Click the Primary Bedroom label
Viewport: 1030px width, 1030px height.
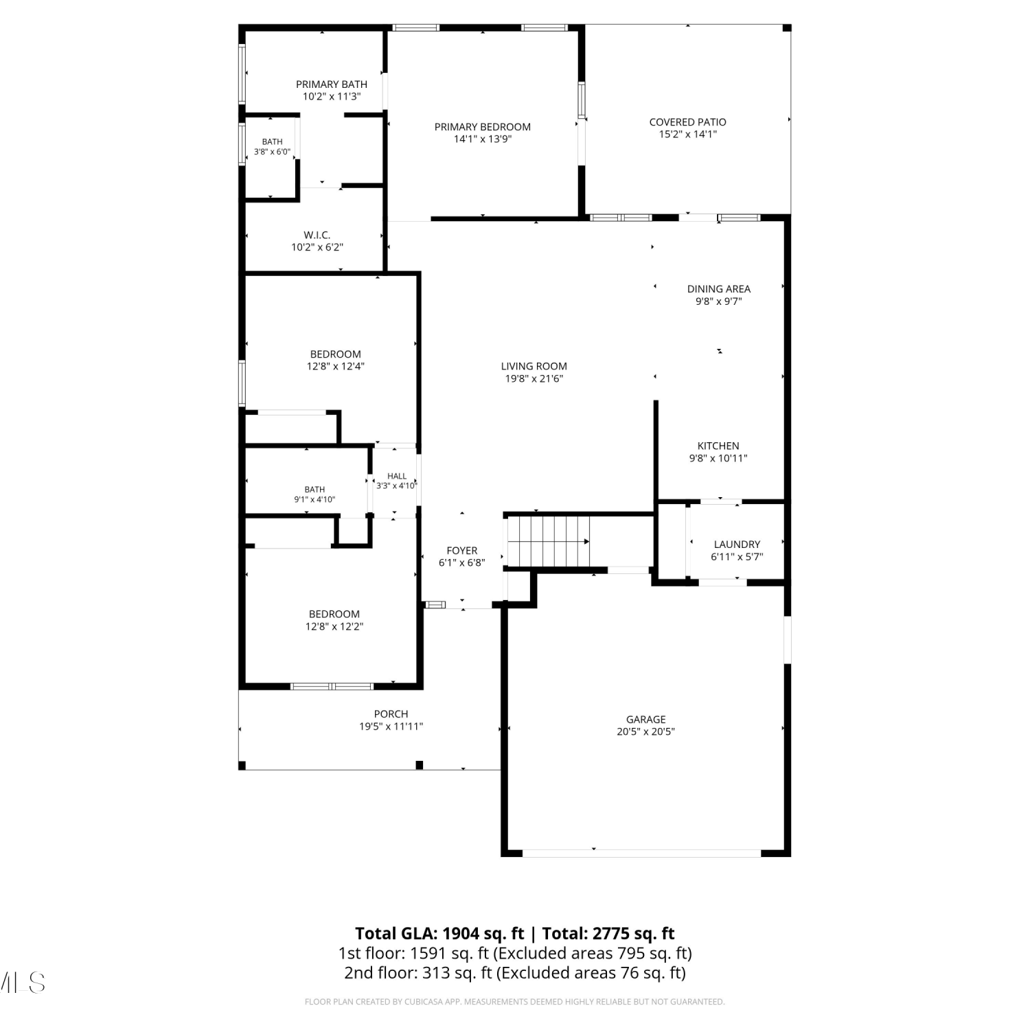tap(482, 127)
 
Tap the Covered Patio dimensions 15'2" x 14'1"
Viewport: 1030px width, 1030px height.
tap(687, 135)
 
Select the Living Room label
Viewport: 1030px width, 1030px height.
tap(534, 367)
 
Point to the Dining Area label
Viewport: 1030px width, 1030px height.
tap(718, 289)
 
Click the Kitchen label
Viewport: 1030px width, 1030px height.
tap(718, 446)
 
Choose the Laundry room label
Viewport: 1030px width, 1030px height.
tap(737, 545)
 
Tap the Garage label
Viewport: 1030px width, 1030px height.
tap(645, 720)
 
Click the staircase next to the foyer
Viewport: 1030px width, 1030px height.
tap(548, 542)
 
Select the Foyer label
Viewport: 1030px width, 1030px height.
tap(461, 551)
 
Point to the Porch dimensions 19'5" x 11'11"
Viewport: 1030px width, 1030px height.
tap(391, 726)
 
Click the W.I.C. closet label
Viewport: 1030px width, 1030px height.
tap(317, 236)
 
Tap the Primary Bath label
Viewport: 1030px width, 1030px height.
tap(331, 84)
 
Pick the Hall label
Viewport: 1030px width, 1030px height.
tap(396, 476)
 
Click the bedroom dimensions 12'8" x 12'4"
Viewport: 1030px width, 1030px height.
tap(335, 367)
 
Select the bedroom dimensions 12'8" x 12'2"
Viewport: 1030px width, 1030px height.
tap(334, 627)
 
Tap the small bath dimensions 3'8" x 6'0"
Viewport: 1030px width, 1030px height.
tap(272, 152)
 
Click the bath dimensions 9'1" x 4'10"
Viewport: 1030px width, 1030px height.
tap(314, 500)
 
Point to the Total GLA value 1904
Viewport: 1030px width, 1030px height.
tap(459, 934)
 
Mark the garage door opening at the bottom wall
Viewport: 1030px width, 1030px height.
tap(641, 853)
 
